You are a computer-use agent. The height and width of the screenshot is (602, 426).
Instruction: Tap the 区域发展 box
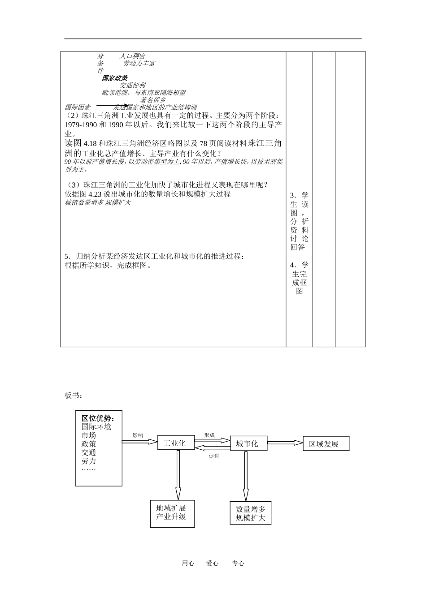326,444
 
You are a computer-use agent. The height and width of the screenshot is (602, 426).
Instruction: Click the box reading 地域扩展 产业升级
172,513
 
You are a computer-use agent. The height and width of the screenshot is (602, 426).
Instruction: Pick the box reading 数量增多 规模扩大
250,513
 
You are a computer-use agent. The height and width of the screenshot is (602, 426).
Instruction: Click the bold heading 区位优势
98,418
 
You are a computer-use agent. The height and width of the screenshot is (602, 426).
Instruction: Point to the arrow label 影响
138,435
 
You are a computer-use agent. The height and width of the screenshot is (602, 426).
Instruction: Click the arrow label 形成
209,435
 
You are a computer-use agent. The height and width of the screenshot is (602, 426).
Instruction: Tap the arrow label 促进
213,456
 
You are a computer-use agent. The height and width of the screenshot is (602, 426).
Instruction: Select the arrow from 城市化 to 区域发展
285,443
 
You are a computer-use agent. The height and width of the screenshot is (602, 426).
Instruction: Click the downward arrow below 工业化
178,474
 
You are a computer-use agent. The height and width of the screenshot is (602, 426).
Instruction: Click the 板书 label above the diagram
73,396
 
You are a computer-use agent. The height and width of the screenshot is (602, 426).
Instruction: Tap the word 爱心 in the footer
212,563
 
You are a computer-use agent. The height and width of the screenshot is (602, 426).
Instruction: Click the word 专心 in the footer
238,563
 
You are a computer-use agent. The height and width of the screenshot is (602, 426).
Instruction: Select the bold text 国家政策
115,78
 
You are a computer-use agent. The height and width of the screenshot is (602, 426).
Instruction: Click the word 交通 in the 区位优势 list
89,452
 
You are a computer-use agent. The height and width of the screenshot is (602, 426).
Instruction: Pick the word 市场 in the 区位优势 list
89,435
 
